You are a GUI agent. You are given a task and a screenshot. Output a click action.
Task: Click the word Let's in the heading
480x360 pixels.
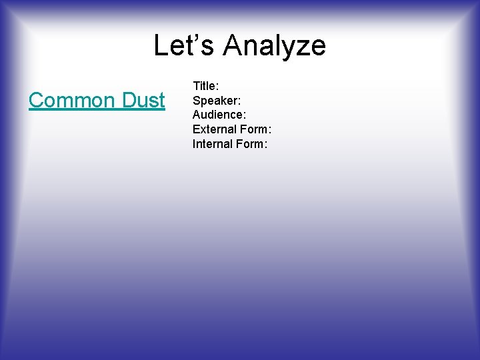click(184, 46)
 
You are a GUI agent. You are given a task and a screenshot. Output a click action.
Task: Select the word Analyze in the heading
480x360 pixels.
click(275, 46)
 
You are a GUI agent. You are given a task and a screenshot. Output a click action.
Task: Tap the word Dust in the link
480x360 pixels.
click(143, 101)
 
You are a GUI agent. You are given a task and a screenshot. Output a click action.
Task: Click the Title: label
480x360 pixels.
click(206, 86)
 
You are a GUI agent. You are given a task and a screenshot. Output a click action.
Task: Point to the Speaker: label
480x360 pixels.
click(215, 101)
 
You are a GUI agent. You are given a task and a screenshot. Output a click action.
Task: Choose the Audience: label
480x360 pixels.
click(218, 115)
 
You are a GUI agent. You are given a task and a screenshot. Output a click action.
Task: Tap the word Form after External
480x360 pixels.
click(255, 129)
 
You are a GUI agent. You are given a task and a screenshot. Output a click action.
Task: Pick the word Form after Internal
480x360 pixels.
click(251, 144)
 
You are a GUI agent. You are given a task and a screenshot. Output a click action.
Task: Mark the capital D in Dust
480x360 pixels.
click(129, 101)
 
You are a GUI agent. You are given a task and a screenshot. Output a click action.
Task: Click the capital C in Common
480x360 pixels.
click(36, 101)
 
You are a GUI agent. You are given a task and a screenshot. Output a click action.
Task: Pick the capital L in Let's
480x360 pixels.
click(161, 46)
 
